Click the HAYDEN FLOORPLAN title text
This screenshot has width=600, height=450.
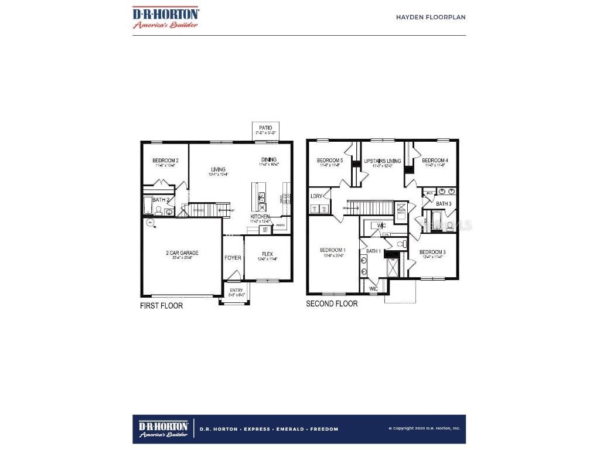pos(431,17)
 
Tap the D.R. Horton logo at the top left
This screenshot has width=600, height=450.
pos(165,17)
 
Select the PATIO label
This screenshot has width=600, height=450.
pos(265,127)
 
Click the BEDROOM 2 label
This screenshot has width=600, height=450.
pos(165,160)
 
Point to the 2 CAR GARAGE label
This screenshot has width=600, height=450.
pos(182,253)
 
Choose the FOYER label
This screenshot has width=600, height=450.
pos(233,257)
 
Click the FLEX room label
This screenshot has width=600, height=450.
pos(267,254)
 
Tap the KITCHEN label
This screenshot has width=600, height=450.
pos(260,216)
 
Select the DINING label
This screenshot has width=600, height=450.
pos(269,159)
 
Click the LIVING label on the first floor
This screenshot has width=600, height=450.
pos(219,169)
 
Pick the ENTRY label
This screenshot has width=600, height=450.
pos(236,290)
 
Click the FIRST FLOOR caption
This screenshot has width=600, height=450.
pos(161,306)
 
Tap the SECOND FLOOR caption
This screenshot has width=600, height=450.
pos(332,304)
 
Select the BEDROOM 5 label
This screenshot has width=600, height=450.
pos(330,161)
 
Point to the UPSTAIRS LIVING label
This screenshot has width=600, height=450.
pos(382,161)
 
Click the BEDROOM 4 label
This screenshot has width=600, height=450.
pos(435,160)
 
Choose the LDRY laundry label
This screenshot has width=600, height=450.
pos(316,196)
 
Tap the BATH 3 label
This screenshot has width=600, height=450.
pos(444,203)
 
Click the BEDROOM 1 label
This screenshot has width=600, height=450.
pos(332,250)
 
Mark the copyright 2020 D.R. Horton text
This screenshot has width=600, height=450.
pos(424,429)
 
